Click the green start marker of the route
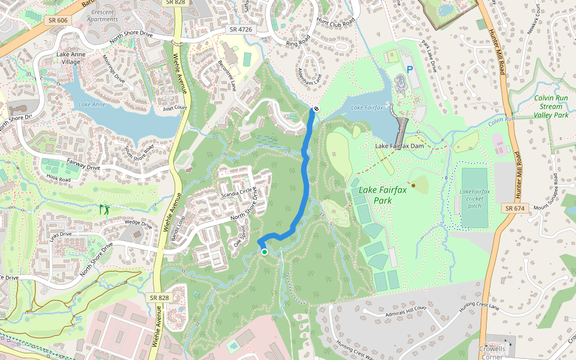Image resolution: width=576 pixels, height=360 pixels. point(265,252)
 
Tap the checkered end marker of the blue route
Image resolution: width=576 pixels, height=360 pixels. point(314,109)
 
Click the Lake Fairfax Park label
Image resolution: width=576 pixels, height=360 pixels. point(383,195)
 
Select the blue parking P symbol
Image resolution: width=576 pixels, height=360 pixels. point(410,69)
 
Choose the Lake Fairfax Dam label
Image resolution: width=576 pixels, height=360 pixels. point(404,146)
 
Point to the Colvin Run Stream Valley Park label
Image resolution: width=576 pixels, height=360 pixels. point(542,106)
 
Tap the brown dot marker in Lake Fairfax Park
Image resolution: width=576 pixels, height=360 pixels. point(413,185)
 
